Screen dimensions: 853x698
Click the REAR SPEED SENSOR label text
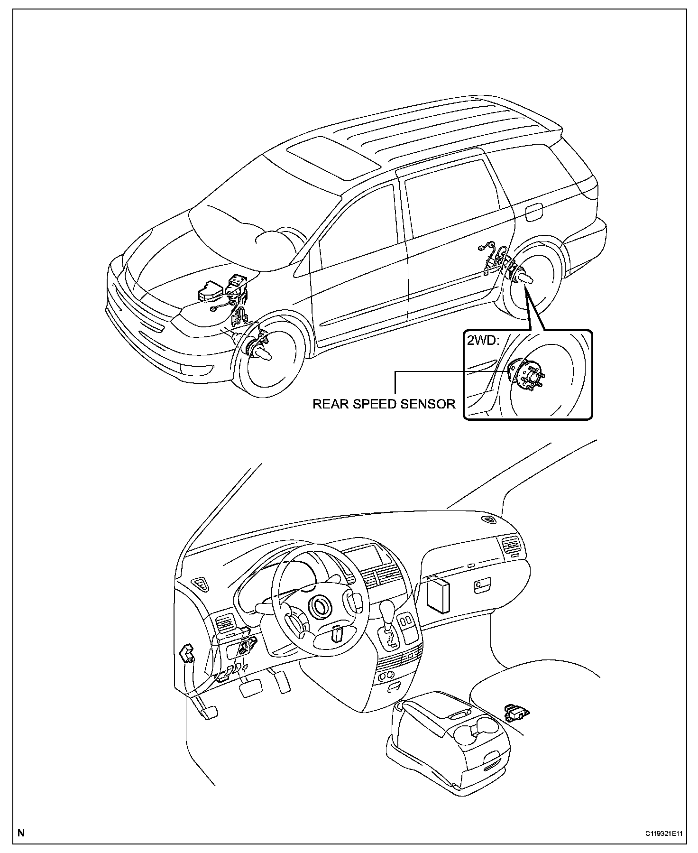click(384, 404)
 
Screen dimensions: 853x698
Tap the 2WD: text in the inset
click(483, 341)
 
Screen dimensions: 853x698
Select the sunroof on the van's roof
click(334, 158)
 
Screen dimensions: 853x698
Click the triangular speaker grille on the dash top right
click(488, 519)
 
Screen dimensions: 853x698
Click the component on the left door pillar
click(186, 653)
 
